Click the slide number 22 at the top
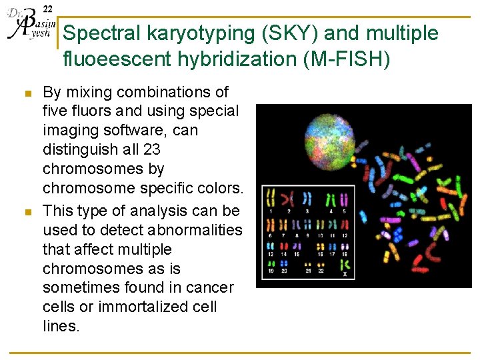click(x=47, y=8)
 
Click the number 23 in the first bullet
click(x=150, y=149)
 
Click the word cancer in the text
click(x=211, y=287)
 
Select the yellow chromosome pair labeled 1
click(x=271, y=198)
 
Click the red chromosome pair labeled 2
click(x=289, y=198)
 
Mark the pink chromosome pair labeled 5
click(x=345, y=198)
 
